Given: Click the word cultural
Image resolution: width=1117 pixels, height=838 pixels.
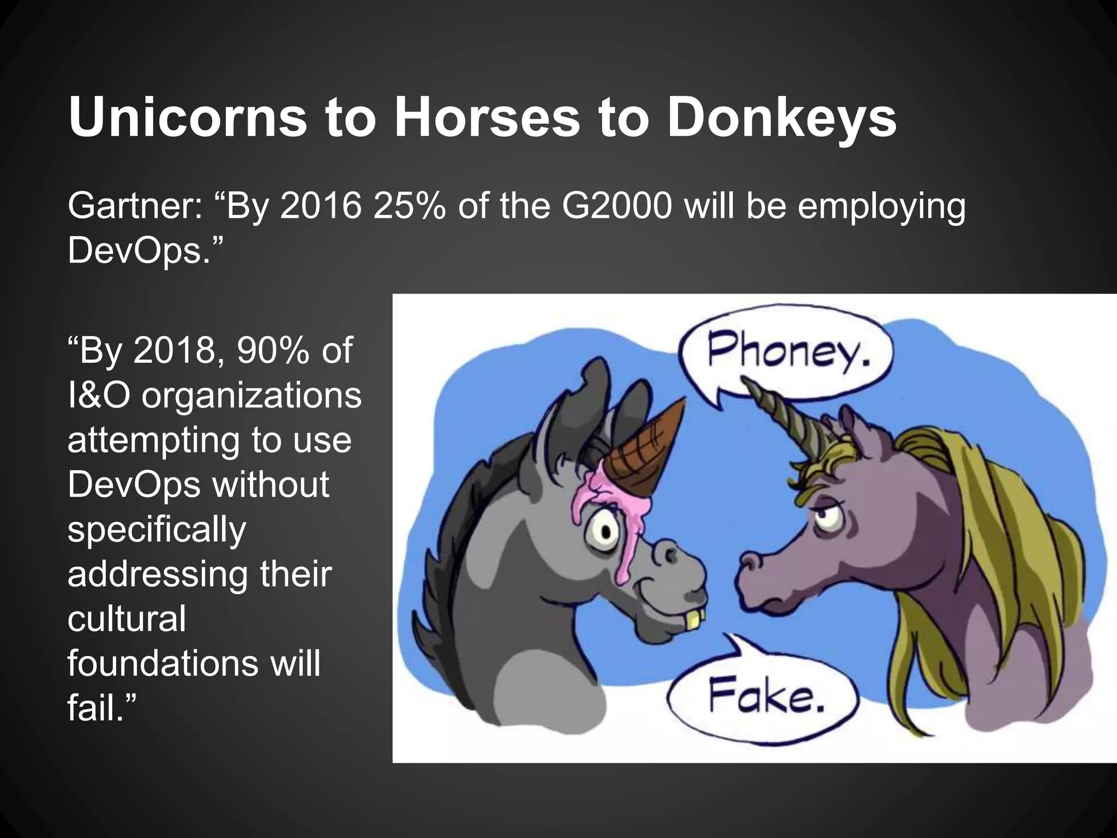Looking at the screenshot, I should coord(127,619).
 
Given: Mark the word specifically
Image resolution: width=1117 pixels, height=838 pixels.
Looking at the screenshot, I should coord(157,529).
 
